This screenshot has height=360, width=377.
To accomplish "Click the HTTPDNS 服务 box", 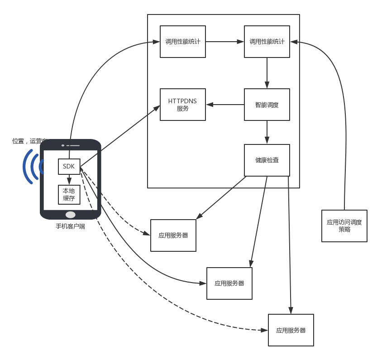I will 183,105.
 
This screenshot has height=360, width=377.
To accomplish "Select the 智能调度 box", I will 267,105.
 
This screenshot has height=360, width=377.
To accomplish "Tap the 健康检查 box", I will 267,160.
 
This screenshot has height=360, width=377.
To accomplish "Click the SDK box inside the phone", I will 69,166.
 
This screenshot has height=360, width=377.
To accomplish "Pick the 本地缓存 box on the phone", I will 69,194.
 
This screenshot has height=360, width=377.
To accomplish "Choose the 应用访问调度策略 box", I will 344,226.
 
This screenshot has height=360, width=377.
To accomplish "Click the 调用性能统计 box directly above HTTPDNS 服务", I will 183,42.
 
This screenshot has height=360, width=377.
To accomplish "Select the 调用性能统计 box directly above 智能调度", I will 267,42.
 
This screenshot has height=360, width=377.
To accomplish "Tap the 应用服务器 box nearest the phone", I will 173,235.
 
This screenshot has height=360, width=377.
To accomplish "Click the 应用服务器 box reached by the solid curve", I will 229,283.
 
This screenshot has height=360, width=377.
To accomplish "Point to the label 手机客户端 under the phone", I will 70,226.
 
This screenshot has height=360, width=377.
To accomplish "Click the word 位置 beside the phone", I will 18,141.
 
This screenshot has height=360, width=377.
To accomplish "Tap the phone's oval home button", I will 71,214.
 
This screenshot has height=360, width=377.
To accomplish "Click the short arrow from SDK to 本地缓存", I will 69,180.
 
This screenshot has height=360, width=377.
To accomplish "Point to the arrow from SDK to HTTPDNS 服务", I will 120,136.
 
